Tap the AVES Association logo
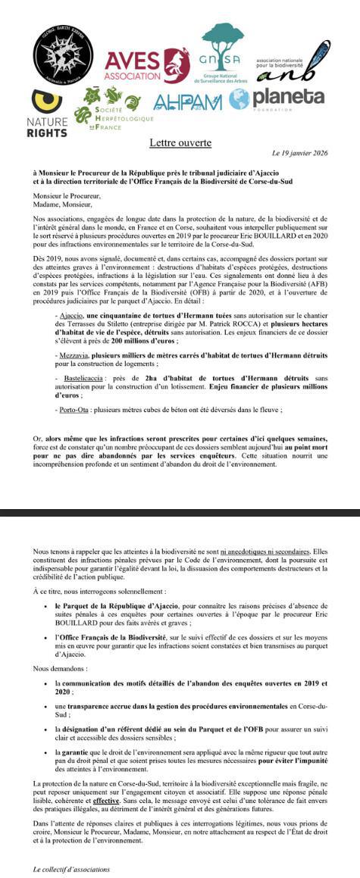click(x=146, y=66)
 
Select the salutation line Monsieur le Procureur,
click(x=67, y=195)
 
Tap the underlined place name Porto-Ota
click(x=78, y=410)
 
